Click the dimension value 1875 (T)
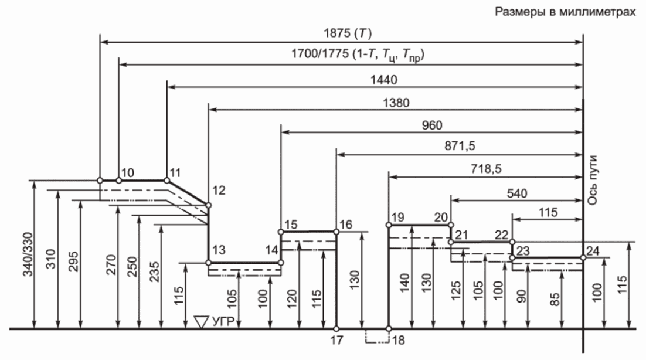(x=347, y=33)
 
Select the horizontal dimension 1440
(x=383, y=80)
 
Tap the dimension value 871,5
(x=460, y=146)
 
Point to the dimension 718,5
(x=486, y=169)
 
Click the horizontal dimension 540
(x=516, y=193)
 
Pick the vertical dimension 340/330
(x=28, y=254)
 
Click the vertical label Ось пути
(x=592, y=180)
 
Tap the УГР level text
(x=223, y=321)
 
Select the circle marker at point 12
(x=209, y=205)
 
